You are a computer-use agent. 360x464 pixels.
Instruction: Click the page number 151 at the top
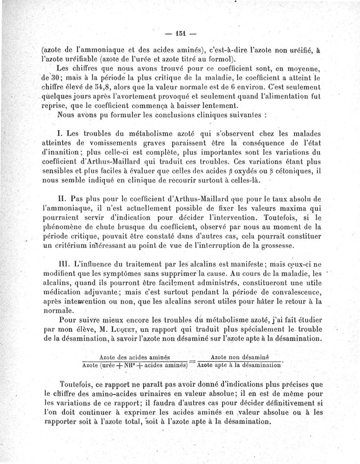180,33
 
